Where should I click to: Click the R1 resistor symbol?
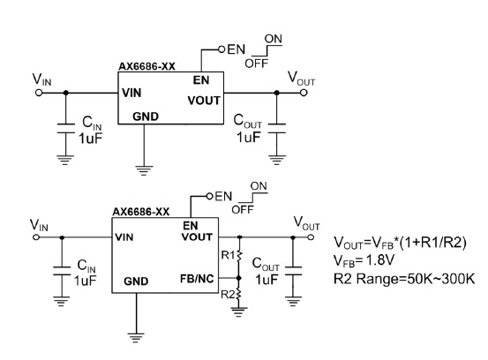[239, 256]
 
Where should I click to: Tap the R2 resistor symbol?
[239, 295]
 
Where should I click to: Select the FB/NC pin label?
[197, 279]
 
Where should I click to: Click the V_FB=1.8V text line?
[364, 260]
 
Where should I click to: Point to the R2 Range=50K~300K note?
[404, 279]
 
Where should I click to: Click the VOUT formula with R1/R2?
[400, 243]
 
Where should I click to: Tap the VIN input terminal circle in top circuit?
[39, 93]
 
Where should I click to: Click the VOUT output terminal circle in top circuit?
[304, 93]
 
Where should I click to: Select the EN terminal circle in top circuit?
[221, 49]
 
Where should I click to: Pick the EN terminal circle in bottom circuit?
[210, 197]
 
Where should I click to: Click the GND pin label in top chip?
[146, 116]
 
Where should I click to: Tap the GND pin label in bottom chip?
[136, 281]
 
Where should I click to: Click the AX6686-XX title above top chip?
[146, 66]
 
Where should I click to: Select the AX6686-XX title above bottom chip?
[141, 212]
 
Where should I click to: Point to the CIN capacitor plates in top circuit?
[65, 129]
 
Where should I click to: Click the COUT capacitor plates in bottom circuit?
[293, 271]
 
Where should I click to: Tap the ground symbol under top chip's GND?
[144, 170]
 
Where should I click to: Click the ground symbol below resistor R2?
[239, 311]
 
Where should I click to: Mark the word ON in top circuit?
[274, 39]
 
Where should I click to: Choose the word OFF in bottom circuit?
[243, 210]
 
